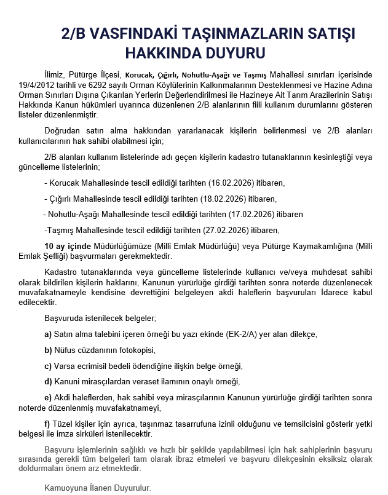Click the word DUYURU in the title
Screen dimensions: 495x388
tap(229, 52)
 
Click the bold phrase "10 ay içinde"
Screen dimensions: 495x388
tap(68, 246)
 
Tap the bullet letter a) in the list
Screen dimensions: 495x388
tap(48, 334)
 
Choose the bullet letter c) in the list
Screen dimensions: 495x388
tap(48, 366)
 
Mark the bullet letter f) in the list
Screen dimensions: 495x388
tap(47, 423)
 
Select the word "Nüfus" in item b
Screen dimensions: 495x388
tap(66, 350)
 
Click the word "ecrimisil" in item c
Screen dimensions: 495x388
tap(97, 366)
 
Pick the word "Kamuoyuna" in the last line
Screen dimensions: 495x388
tap(65, 488)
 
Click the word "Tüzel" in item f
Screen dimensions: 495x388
tap(64, 423)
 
